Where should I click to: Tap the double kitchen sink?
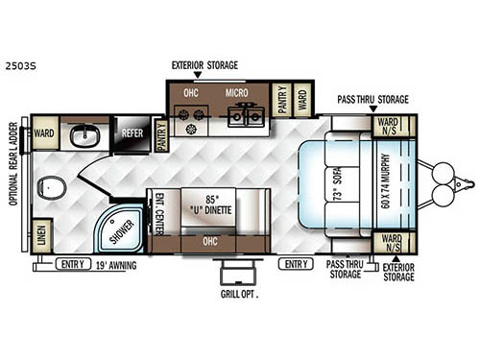[x=247, y=114]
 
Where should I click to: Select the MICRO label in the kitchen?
[x=237, y=93]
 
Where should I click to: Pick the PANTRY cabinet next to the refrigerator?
[x=160, y=135]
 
